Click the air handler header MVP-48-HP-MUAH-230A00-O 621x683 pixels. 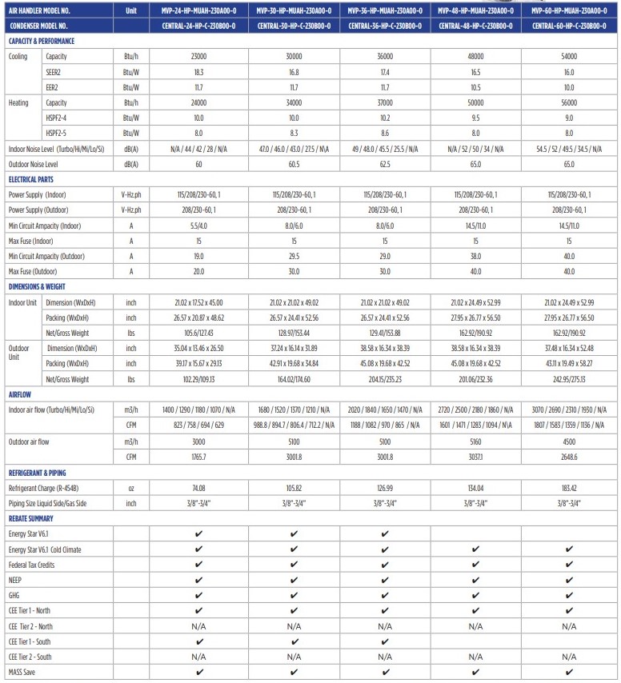(475, 10)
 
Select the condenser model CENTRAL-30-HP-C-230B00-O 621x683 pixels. (294, 26)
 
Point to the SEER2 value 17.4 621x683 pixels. (385, 72)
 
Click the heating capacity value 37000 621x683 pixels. (385, 103)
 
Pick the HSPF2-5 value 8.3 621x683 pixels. (294, 134)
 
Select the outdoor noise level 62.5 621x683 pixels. (385, 164)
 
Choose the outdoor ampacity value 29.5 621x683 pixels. (294, 256)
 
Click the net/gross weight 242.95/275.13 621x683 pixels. (569, 378)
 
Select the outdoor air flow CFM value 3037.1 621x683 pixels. (475, 456)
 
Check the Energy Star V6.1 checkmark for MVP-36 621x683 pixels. (385, 534)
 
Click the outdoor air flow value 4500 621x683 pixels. (569, 441)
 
